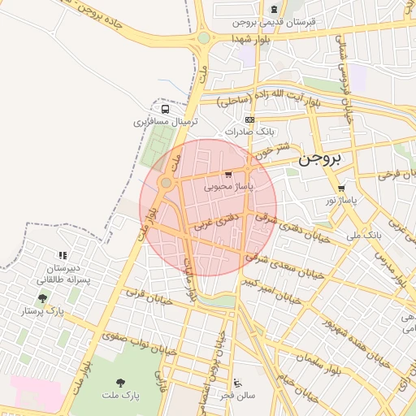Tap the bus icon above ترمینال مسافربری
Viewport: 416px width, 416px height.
pyautogui.click(x=166, y=109)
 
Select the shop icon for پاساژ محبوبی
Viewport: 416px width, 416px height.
pyautogui.click(x=228, y=174)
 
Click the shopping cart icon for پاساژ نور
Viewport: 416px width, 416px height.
pyautogui.click(x=341, y=188)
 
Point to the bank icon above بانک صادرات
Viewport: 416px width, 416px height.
pyautogui.click(x=249, y=119)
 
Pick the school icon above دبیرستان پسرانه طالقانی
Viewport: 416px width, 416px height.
pyautogui.click(x=63, y=255)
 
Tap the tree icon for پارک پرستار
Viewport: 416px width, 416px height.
pyautogui.click(x=42, y=298)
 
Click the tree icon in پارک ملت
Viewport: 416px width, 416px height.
pyautogui.click(x=121, y=382)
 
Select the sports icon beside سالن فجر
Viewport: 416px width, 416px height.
pyautogui.click(x=237, y=383)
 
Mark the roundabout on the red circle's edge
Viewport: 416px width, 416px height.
pyautogui.click(x=166, y=183)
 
